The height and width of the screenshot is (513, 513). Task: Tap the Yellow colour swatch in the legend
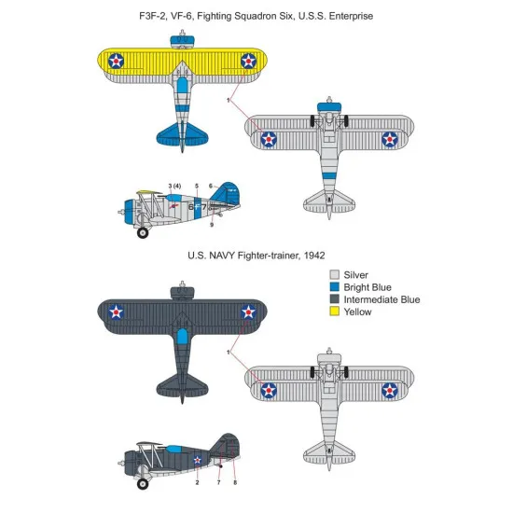(334, 312)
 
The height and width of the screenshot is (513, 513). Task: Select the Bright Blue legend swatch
(334, 287)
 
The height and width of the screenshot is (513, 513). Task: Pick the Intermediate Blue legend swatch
(334, 299)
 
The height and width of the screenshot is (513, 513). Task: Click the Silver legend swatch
(334, 275)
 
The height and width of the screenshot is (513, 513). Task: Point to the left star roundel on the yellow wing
(115, 61)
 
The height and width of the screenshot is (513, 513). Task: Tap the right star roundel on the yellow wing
(249, 61)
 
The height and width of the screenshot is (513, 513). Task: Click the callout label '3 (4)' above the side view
(174, 187)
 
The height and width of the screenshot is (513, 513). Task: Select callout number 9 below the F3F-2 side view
(211, 225)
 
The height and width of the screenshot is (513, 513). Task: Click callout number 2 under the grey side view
(197, 482)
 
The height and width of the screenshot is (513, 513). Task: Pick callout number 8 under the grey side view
(234, 482)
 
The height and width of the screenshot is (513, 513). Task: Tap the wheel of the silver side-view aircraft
(143, 231)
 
